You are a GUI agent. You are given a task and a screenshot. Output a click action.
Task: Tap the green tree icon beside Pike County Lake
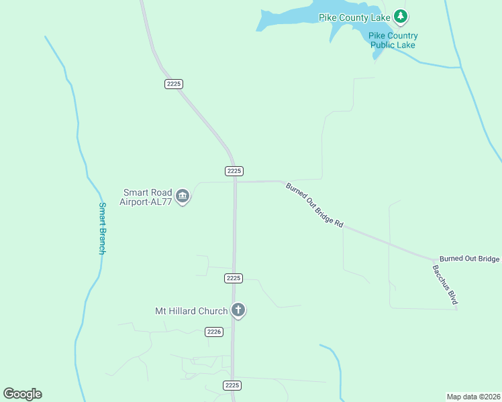pos(401,15)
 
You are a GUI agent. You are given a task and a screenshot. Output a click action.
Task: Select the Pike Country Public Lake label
pos(393,40)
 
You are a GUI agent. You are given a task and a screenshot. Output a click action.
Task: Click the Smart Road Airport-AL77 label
pos(146,196)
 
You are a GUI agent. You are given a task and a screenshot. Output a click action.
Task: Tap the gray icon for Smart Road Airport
pos(183,196)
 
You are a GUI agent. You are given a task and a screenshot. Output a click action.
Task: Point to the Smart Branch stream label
pos(102,228)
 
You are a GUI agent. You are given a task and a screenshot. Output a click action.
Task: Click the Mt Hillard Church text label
pos(192,311)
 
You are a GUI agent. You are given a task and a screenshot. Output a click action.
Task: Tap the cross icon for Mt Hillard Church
pos(238,310)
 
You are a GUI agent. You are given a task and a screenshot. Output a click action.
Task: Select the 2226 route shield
pos(214,332)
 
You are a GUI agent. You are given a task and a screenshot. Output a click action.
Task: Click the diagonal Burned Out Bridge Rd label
pos(314,205)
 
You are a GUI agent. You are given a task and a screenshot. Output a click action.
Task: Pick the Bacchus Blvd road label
pos(445,285)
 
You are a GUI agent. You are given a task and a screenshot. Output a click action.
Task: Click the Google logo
pos(22,394)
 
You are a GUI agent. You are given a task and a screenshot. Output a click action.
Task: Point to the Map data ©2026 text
pos(473,397)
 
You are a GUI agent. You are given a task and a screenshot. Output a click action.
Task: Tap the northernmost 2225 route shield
pos(173,84)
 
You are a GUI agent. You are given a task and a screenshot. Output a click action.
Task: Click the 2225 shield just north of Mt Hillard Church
pos(234,278)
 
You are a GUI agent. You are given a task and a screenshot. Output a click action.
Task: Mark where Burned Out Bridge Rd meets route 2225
pos(236,182)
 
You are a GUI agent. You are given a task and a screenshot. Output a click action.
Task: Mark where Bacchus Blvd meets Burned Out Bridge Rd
pos(436,260)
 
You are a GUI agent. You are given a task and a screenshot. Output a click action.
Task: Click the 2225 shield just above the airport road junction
pos(234,171)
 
